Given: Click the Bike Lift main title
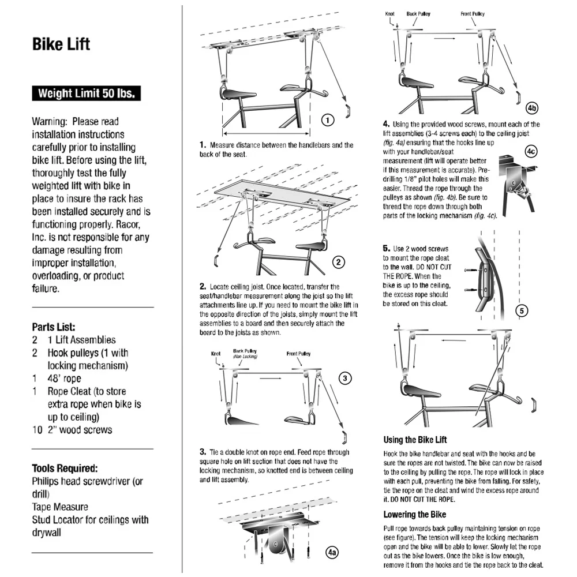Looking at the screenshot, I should click(61, 44).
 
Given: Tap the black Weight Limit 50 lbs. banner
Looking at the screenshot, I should click(87, 93).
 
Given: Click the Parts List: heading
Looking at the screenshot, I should click(54, 327).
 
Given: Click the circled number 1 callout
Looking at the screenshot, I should click(328, 120).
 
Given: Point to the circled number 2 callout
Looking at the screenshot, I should click(339, 262).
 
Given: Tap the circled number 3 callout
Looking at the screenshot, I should click(344, 379).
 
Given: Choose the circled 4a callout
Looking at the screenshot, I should click(332, 552).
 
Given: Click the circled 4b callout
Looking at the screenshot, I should click(532, 108).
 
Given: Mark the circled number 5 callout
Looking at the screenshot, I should click(521, 311).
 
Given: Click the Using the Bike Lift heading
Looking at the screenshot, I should click(415, 440).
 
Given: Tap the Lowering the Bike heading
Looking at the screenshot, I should click(414, 514).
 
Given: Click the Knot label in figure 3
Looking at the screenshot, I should click(216, 354).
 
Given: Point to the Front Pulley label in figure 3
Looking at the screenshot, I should click(298, 354).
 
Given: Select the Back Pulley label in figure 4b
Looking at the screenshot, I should click(419, 13).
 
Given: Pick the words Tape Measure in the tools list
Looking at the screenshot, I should click(60, 507).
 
